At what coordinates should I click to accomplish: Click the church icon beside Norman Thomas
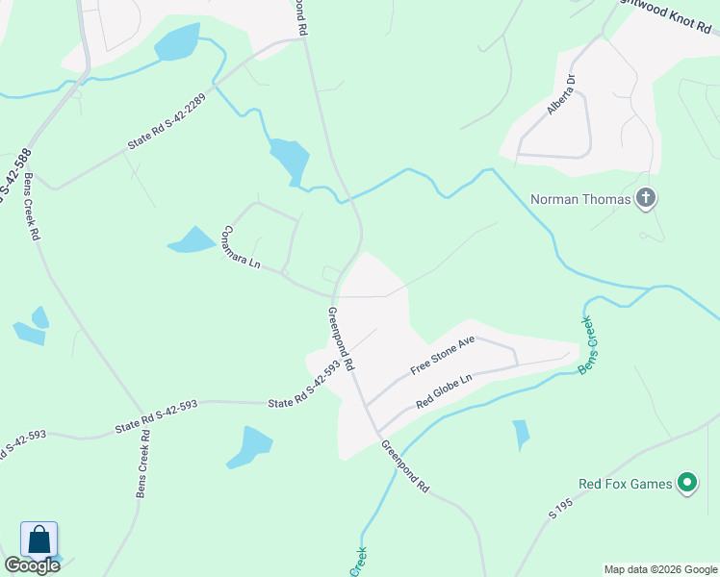click(646, 200)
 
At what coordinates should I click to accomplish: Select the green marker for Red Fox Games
click(686, 483)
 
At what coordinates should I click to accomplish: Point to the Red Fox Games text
click(625, 484)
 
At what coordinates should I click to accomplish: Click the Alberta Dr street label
click(561, 94)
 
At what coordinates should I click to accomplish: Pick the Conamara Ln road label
click(241, 246)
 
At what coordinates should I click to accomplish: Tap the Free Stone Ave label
click(444, 356)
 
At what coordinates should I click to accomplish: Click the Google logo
click(32, 565)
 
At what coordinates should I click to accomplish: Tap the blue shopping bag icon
click(39, 539)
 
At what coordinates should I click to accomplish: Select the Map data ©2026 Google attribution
click(660, 569)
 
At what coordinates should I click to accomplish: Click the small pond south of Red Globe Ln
click(521, 435)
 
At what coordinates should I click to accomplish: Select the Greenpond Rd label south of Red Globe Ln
click(404, 466)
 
